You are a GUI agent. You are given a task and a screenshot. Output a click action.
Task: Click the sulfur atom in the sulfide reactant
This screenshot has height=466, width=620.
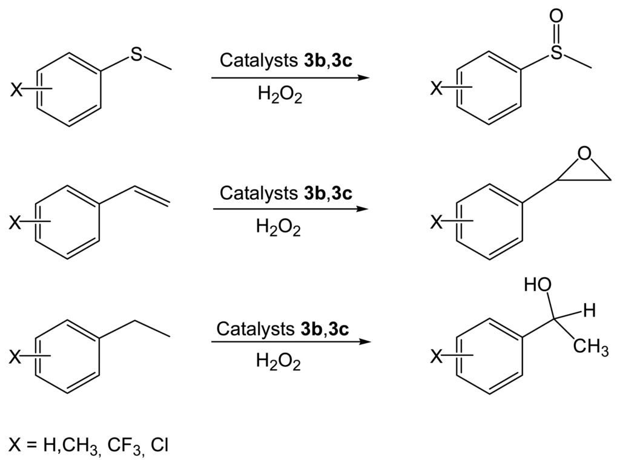click(x=138, y=54)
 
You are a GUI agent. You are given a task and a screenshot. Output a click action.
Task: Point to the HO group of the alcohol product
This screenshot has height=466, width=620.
click(x=538, y=286)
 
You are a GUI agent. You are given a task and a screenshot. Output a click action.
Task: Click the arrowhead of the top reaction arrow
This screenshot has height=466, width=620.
click(x=363, y=79)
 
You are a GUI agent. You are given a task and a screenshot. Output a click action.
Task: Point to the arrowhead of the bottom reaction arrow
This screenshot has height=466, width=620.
click(x=363, y=341)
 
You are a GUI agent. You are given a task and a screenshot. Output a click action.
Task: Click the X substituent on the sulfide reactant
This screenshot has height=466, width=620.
click(x=16, y=91)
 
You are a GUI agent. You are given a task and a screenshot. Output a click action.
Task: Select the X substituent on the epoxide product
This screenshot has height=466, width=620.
click(x=436, y=223)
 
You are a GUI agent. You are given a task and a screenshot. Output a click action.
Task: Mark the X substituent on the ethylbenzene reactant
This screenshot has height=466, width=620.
click(x=16, y=358)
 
